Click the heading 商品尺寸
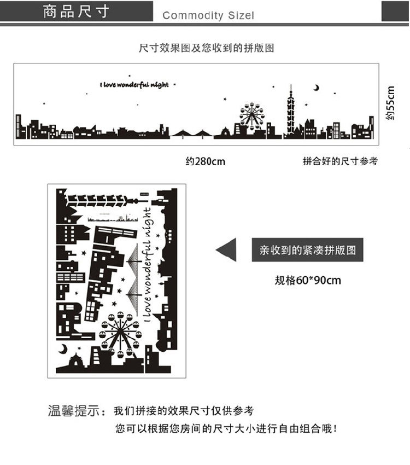click(77, 12)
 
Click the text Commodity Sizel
click(208, 15)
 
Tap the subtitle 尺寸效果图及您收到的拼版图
click(207, 48)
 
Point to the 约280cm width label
click(205, 161)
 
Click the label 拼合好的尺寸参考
click(339, 161)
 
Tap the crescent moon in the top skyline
click(316, 87)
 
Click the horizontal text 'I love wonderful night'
click(134, 85)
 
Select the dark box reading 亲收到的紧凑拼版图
click(307, 250)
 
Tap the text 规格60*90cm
click(307, 281)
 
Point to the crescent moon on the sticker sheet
click(63, 348)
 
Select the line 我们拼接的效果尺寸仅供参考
click(184, 411)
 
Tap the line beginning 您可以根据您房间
click(226, 429)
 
